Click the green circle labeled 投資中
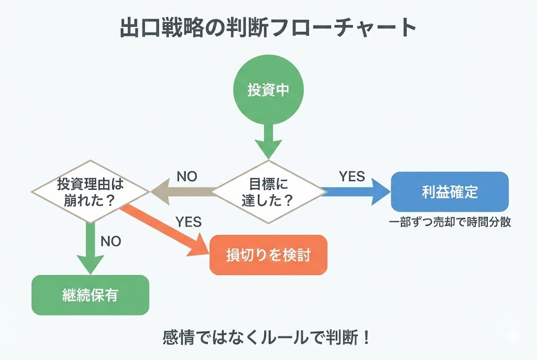[268, 90]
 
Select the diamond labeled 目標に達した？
[268, 192]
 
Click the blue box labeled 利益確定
[449, 192]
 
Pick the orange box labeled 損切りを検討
[268, 255]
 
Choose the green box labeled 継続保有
[90, 295]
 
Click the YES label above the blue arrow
[352, 177]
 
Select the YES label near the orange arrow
[188, 222]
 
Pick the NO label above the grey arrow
[187, 177]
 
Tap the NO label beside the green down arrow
[111, 241]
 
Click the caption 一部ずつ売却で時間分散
[449, 222]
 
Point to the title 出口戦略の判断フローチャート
[268, 28]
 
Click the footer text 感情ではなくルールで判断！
[268, 336]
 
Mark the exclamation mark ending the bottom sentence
[366, 336]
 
